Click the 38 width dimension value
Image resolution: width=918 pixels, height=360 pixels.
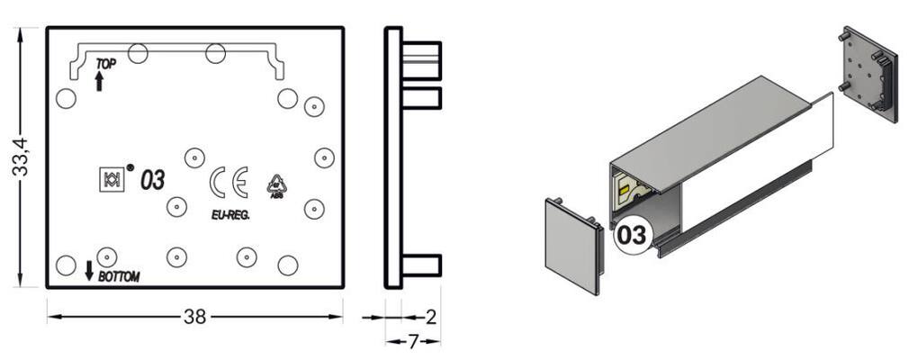(x=194, y=317)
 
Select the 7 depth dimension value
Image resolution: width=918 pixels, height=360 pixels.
(x=412, y=341)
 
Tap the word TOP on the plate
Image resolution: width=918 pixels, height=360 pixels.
(x=106, y=64)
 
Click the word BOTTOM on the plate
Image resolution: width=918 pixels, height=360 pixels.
(x=119, y=276)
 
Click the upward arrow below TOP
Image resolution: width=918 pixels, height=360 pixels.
(x=99, y=82)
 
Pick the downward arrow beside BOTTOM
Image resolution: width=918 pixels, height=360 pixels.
(x=89, y=269)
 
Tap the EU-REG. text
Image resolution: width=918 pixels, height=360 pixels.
(x=230, y=215)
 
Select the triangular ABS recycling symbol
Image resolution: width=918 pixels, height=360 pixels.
(x=276, y=185)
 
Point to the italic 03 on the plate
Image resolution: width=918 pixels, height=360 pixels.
(x=152, y=180)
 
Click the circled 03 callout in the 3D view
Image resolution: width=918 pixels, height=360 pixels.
(x=630, y=236)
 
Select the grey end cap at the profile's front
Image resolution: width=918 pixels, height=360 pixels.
(x=571, y=244)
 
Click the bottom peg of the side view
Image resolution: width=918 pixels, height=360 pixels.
(x=421, y=265)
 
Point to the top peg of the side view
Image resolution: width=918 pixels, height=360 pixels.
(x=421, y=51)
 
